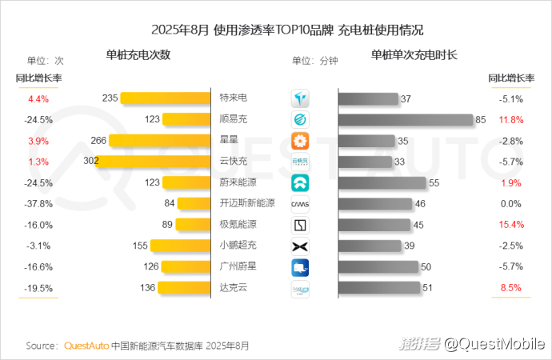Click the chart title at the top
tap(275, 30)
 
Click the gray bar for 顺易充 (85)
tap(405, 119)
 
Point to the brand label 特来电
tap(233, 98)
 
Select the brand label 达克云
tap(233, 287)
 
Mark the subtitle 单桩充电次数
tap(138, 55)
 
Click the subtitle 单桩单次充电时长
tap(414, 55)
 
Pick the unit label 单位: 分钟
tap(315, 60)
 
